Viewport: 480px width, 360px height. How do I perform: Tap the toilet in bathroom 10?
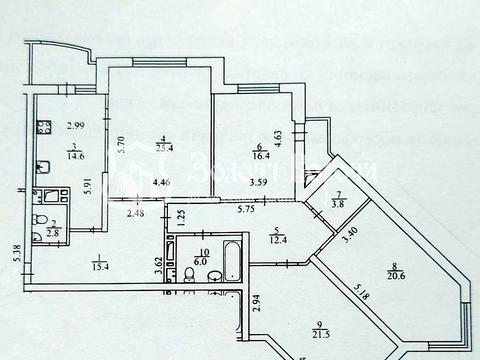tap(188, 276)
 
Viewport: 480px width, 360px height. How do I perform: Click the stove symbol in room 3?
tap(45, 127)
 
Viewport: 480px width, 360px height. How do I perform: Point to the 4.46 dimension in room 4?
tap(161, 182)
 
